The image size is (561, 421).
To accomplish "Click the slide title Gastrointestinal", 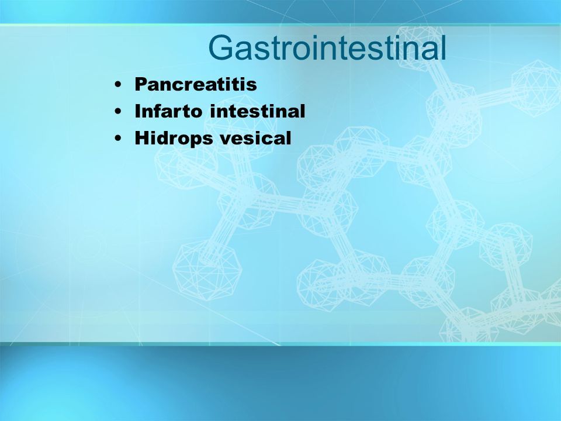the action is (x=327, y=47).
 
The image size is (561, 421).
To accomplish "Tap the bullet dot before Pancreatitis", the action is (x=117, y=85).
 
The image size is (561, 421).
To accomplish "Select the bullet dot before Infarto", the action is (x=117, y=111).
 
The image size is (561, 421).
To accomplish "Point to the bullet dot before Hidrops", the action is (x=117, y=138).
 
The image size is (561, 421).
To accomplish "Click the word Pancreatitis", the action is (x=196, y=84).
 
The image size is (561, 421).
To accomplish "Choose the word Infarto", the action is (x=168, y=111).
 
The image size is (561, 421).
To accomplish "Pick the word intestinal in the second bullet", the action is (x=258, y=111).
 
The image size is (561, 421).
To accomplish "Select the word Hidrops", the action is (x=174, y=138).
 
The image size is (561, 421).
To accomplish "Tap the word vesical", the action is (x=255, y=138).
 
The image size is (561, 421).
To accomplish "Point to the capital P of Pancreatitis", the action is (x=141, y=84).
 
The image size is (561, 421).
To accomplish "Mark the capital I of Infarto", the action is (x=137, y=111).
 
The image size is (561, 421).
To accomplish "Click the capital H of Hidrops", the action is (x=142, y=138).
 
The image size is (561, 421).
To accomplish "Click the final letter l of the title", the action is (x=444, y=47).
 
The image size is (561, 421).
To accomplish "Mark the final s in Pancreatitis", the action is (x=252, y=86).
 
